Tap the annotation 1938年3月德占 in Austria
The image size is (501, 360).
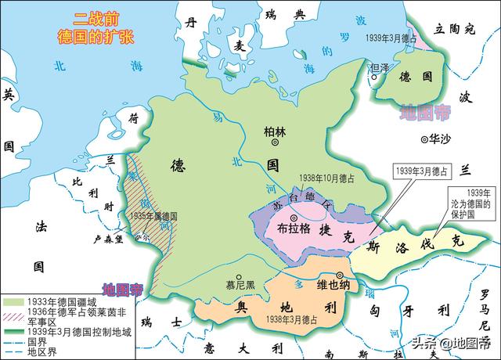point(291,319)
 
